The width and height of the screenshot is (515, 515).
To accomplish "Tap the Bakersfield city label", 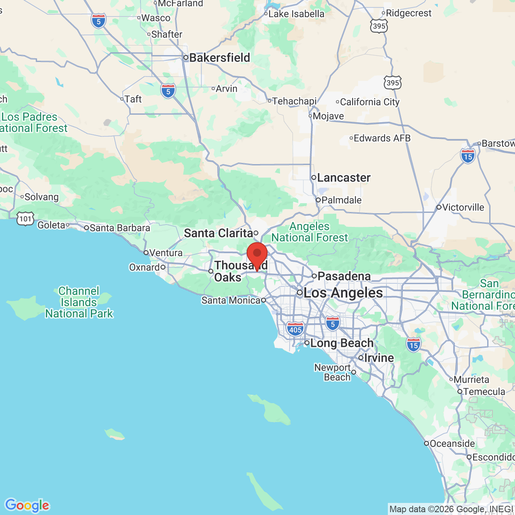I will (219, 58).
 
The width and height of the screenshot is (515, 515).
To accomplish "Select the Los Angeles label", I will (343, 293).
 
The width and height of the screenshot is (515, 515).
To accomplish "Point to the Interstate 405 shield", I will (295, 329).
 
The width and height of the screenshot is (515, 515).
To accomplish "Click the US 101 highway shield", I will (25, 219).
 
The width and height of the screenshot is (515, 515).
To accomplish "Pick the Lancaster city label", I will (344, 177).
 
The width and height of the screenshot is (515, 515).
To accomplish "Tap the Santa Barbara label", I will (119, 228).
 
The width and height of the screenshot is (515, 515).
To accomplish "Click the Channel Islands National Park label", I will (79, 302).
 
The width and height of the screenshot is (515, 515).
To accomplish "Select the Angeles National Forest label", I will (309, 232).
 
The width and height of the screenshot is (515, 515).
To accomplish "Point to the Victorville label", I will (463, 207).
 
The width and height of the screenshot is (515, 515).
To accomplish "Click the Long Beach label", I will (342, 343).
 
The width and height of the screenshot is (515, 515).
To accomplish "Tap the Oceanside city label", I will (452, 443).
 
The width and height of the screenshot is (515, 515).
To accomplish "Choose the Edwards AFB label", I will (382, 138).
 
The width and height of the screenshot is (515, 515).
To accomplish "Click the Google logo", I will (27, 505).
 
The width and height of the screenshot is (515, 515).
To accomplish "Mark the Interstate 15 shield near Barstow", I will (468, 156).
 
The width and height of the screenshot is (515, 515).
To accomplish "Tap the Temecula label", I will (484, 391).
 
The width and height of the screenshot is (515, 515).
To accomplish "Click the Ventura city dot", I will (146, 253).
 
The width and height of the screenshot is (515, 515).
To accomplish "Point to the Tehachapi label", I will (294, 101).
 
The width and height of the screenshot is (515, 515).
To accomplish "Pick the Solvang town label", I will (41, 197).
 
